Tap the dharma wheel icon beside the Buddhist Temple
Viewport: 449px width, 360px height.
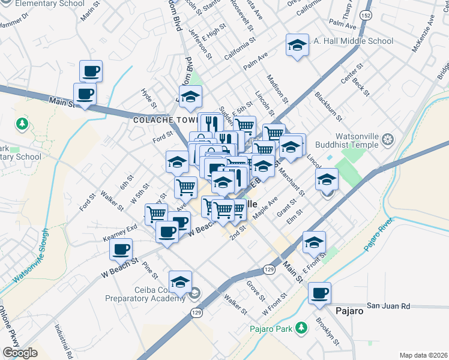(388, 140)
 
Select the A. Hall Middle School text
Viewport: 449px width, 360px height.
(354, 41)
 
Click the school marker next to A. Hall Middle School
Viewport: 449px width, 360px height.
(296, 45)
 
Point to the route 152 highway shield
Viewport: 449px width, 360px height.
(365, 14)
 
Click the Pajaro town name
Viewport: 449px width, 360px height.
(349, 311)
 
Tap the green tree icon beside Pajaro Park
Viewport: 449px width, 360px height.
(303, 328)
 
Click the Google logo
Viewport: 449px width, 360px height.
(20, 353)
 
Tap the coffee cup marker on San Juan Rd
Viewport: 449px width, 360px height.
(320, 293)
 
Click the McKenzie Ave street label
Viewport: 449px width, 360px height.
(422, 34)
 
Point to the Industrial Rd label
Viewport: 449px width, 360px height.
(63, 342)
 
